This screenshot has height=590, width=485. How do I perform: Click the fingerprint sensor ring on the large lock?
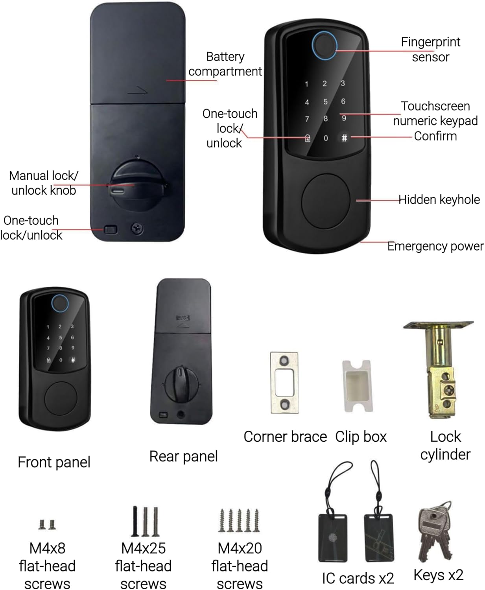click(x=324, y=45)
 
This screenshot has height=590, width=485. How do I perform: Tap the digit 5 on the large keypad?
click(x=325, y=102)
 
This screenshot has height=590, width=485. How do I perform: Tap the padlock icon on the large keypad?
click(x=308, y=138)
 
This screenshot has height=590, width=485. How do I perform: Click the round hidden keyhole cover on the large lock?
click(x=326, y=200)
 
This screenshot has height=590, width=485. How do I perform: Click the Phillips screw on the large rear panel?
click(x=137, y=228)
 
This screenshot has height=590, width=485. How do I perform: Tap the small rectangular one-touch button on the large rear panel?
click(x=111, y=229)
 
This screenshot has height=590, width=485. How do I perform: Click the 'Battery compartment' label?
click(x=225, y=64)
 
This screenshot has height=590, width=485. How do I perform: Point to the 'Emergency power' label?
click(x=435, y=246)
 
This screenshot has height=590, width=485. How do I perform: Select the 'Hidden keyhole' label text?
click(x=439, y=200)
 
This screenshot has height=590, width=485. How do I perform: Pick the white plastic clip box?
click(x=357, y=385)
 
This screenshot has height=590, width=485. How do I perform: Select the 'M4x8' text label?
click(x=47, y=548)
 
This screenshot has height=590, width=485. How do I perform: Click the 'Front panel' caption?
click(x=54, y=462)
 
